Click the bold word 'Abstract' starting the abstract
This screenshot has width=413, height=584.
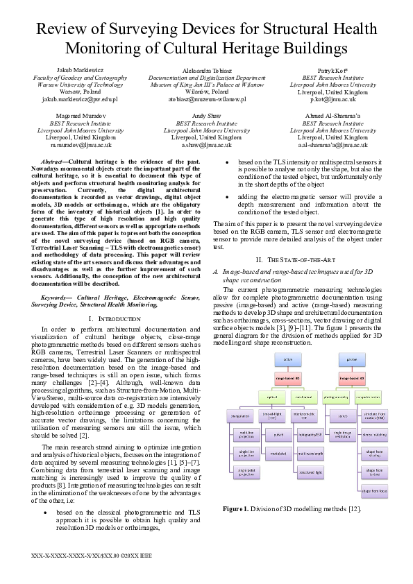55,161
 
